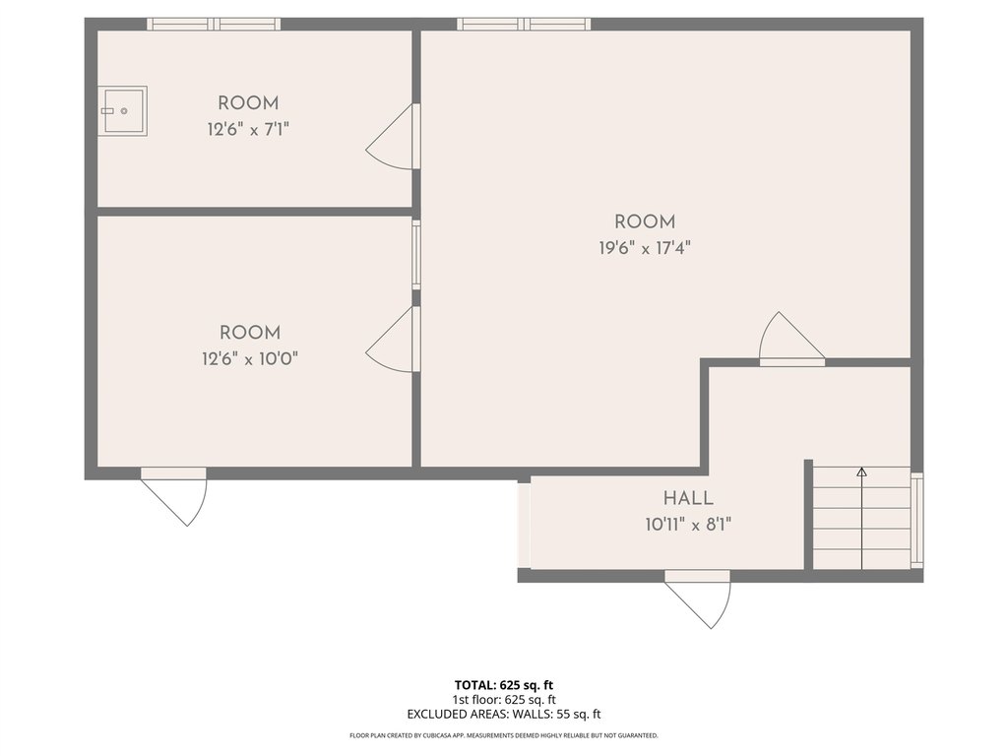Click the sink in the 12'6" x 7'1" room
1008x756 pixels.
click(123, 111)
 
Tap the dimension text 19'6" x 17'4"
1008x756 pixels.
click(644, 248)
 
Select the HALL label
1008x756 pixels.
click(688, 498)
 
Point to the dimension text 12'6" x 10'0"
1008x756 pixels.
click(250, 358)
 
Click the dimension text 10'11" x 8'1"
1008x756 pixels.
click(688, 526)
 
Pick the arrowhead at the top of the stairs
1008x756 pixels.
click(861, 472)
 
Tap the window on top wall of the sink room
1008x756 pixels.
click(214, 25)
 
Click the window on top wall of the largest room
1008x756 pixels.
click(524, 25)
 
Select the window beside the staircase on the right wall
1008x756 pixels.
click(917, 521)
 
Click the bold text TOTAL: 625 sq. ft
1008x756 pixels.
click(504, 685)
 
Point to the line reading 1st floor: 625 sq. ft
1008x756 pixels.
click(504, 700)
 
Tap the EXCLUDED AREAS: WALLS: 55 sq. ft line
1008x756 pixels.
click(504, 715)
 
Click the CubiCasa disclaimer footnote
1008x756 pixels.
click(504, 735)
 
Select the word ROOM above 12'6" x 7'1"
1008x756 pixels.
click(248, 103)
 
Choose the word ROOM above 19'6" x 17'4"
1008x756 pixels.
click(645, 222)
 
